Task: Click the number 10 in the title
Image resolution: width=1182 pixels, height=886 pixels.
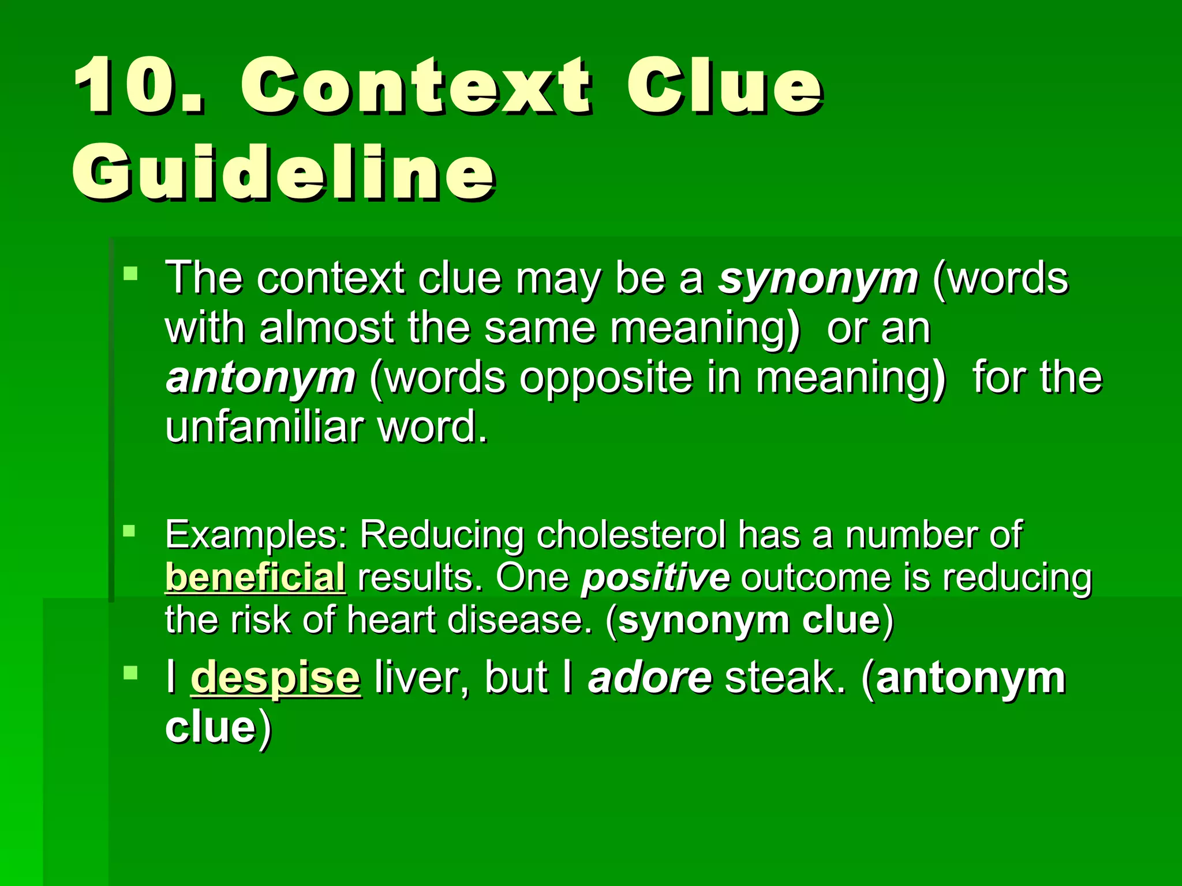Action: (139, 87)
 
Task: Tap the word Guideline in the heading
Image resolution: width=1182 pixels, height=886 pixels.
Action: (283, 172)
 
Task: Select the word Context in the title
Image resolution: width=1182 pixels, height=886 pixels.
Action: (416, 87)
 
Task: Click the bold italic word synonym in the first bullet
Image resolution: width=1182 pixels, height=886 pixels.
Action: (818, 279)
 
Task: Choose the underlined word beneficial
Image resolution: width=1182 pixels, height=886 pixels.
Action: (255, 577)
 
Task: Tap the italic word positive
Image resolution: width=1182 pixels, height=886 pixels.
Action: (656, 577)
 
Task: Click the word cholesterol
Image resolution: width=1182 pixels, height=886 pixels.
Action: (631, 535)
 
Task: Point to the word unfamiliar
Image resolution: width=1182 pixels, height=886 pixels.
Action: (264, 427)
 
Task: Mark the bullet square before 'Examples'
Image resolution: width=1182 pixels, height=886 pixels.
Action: (129, 530)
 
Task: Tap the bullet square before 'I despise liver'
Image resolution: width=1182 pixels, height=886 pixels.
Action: (130, 673)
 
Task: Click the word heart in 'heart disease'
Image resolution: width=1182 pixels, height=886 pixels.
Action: (391, 621)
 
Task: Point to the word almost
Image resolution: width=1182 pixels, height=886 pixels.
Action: (326, 329)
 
